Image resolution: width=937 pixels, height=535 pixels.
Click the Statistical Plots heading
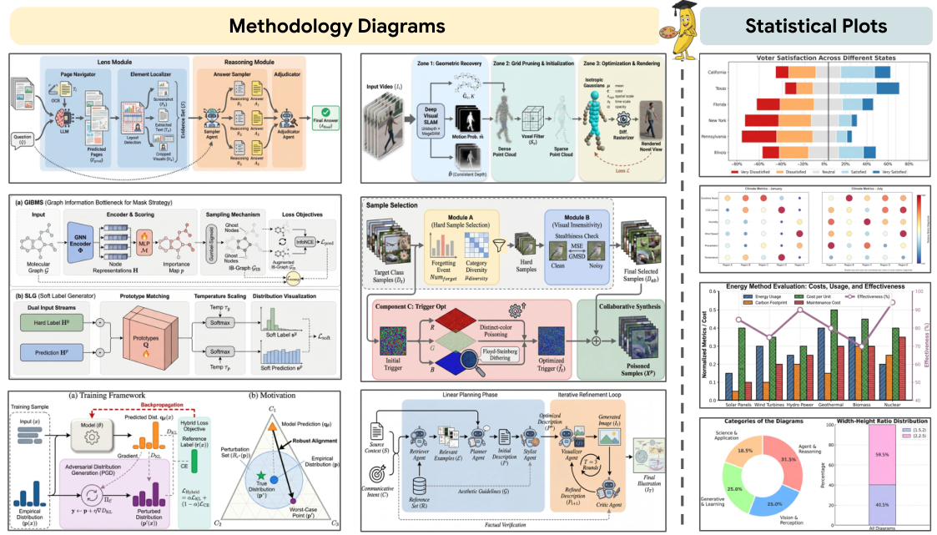(816, 26)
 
